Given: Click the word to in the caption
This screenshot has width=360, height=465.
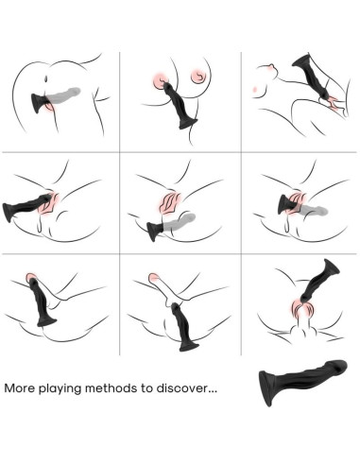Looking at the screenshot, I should coord(151,387).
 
